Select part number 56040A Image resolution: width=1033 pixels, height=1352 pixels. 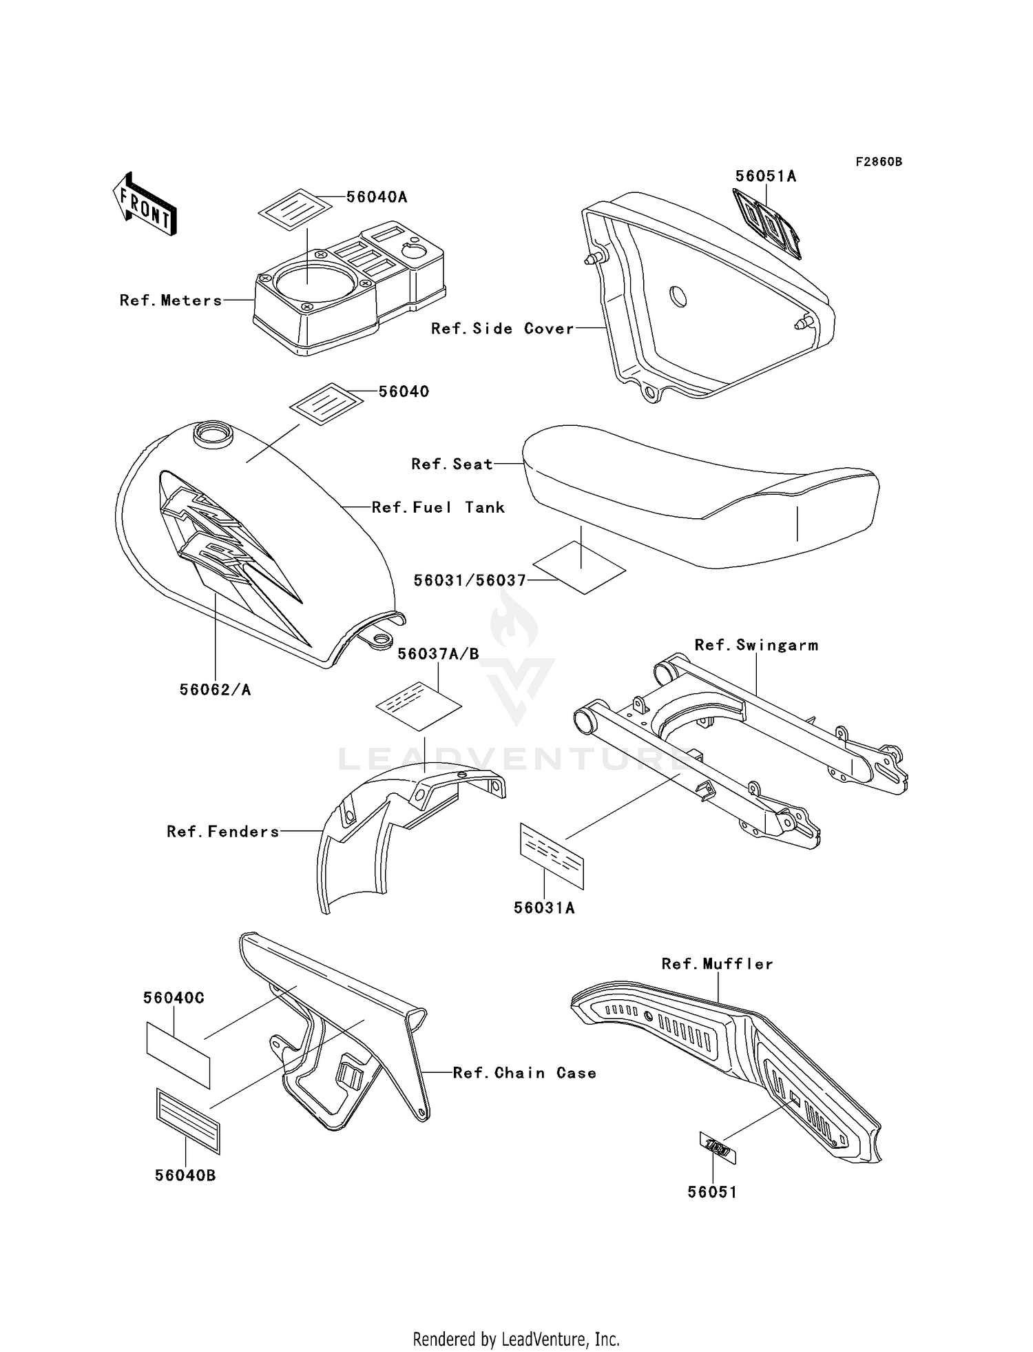click(x=377, y=197)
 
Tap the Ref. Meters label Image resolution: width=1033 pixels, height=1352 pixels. click(x=171, y=300)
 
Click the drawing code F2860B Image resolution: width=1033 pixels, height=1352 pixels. click(x=879, y=162)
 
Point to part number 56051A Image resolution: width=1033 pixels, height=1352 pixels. click(x=765, y=176)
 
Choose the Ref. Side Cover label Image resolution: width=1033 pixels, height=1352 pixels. click(x=502, y=329)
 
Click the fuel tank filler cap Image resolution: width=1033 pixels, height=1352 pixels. click(x=212, y=433)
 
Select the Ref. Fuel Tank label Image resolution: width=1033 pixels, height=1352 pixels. click(x=438, y=508)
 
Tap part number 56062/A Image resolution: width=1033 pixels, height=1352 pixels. click(x=215, y=689)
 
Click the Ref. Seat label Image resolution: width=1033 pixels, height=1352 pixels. click(x=452, y=464)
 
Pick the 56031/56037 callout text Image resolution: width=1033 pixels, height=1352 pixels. click(x=470, y=581)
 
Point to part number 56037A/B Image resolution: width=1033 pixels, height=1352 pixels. click(x=438, y=654)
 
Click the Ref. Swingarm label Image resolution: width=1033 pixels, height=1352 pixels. click(x=756, y=645)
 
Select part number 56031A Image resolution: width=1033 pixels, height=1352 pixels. click(x=544, y=908)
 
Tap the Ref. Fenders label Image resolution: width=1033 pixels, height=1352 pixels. click(x=223, y=832)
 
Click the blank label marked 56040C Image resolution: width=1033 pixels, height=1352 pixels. click(x=178, y=1055)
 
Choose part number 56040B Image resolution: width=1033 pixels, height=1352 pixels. click(x=185, y=1176)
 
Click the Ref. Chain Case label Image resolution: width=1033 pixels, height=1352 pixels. click(x=524, y=1073)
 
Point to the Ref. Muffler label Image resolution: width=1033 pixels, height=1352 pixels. click(x=717, y=964)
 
